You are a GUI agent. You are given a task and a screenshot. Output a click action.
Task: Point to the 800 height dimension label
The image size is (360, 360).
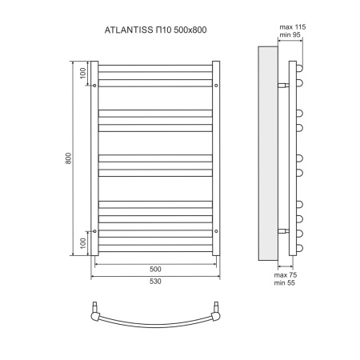point(69,158)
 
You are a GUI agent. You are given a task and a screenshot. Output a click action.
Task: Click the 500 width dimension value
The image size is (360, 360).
point(156,270)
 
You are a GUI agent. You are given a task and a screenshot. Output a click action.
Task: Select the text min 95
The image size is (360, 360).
point(290,37)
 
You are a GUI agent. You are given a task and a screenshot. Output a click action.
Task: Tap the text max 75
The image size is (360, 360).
point(286,274)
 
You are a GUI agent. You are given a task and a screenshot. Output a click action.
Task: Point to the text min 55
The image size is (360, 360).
point(286,282)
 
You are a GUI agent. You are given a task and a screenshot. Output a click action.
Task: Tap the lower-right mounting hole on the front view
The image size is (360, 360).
point(217,230)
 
